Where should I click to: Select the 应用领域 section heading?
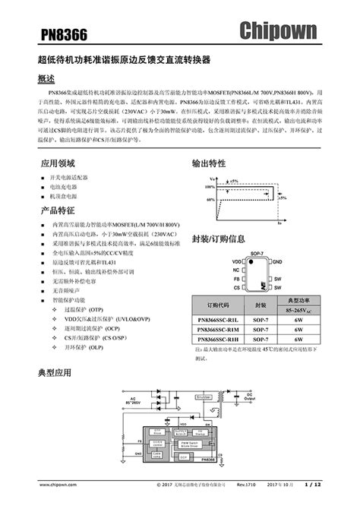pos(58,163)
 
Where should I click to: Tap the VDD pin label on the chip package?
pos(236,261)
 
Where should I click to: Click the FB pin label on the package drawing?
pos(238,279)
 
